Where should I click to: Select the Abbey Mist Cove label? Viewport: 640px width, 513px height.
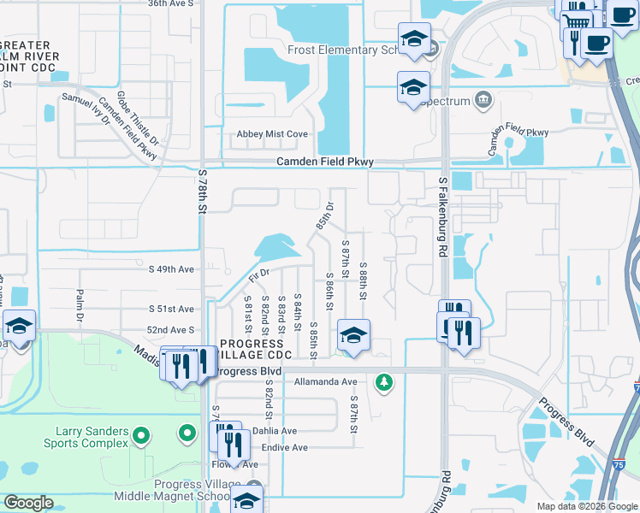272,134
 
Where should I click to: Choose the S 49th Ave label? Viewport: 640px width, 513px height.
172,268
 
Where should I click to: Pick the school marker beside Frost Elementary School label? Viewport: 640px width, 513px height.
414,39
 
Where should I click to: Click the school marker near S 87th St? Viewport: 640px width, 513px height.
353,336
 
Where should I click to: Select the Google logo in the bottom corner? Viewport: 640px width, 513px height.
28,503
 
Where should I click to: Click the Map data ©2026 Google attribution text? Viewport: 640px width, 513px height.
586,506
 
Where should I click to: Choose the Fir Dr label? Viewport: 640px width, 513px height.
258,275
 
